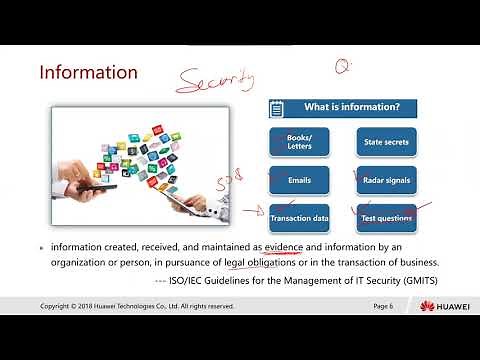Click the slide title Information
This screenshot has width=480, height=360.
pos(88,73)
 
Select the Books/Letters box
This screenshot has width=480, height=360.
pos(299,143)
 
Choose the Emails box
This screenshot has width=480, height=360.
pos(299,180)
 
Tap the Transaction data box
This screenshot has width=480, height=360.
pos(299,217)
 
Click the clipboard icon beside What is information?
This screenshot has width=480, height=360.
pos(278,108)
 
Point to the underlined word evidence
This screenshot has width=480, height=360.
pos(283,246)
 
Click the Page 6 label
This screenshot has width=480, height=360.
pos(383,305)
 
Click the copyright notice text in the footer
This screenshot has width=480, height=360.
pos(137,305)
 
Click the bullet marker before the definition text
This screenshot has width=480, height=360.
pos(41,247)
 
